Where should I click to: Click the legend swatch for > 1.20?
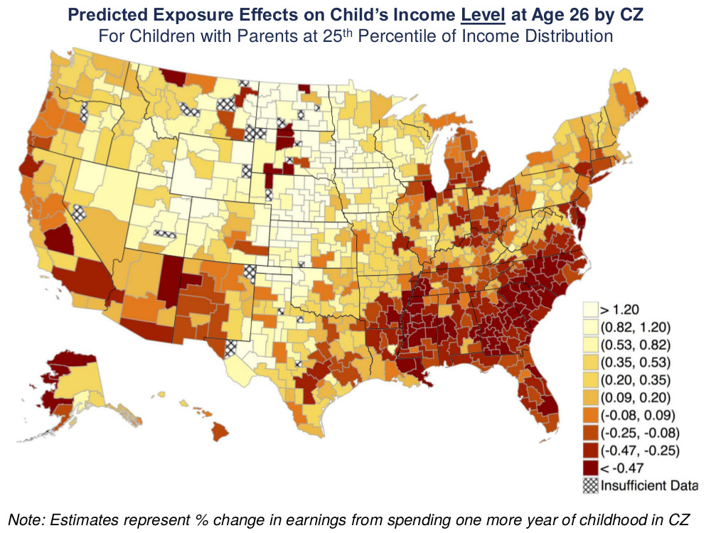(x=589, y=310)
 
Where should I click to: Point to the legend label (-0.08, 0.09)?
(x=636, y=415)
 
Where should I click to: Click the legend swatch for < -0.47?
(x=589, y=468)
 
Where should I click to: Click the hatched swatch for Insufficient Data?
(x=589, y=486)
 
